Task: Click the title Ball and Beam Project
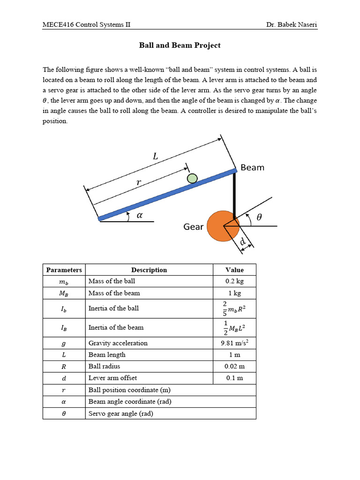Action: tap(180, 45)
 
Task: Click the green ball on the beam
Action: tap(192, 178)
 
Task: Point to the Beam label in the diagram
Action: tap(252, 167)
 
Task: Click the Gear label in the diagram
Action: tap(193, 227)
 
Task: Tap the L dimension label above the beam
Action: tap(156, 157)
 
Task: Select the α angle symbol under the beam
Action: tap(139, 215)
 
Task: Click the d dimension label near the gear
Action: tap(243, 242)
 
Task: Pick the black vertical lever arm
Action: tap(235, 194)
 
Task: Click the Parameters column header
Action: tap(64, 270)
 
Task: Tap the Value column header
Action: tap(234, 270)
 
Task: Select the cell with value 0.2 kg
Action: tap(234, 281)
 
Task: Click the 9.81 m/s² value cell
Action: tap(234, 343)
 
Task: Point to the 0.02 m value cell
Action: tap(234, 366)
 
